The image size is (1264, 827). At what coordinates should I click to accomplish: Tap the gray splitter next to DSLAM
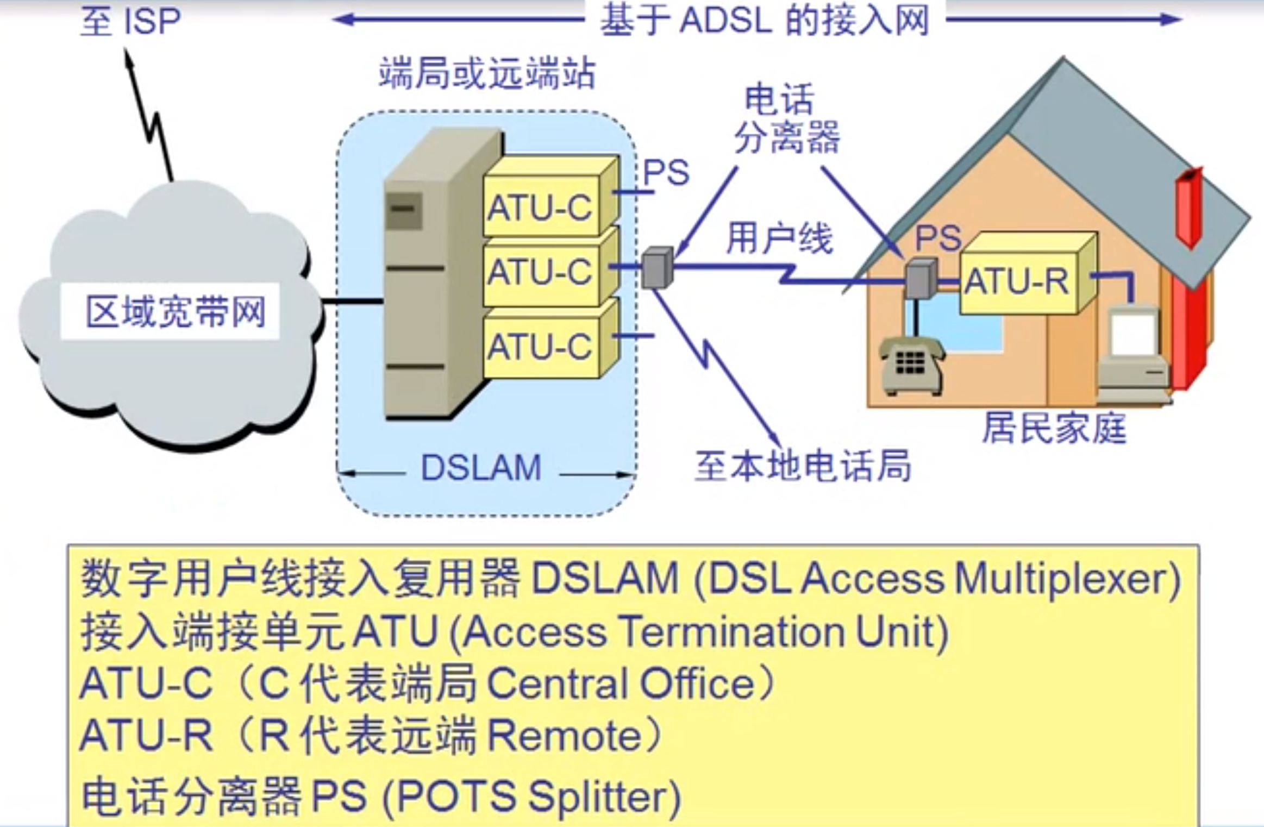coord(657,267)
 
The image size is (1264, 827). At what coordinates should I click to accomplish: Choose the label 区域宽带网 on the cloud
coord(175,312)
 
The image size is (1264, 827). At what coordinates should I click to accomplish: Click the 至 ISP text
coord(130,22)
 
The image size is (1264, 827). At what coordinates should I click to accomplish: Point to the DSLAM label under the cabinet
coord(481,467)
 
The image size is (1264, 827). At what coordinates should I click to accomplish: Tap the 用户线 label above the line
coord(779,238)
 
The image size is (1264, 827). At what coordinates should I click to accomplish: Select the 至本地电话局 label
coord(803,466)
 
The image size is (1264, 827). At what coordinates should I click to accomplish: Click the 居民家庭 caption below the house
coord(1054,428)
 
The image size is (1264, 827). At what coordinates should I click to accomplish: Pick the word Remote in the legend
coord(565,736)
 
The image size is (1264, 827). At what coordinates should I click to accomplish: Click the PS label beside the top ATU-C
coord(666,173)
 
